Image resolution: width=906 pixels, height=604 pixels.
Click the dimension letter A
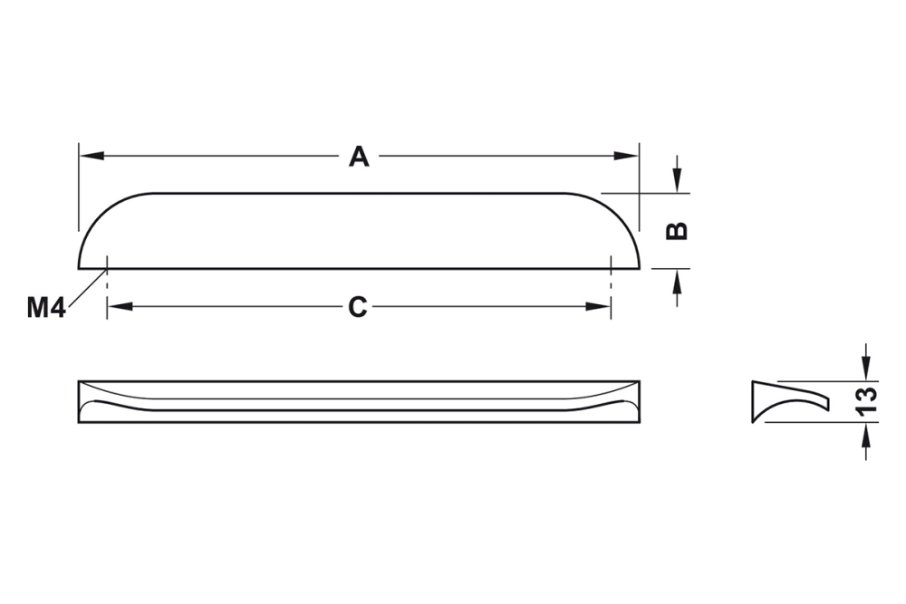pyautogui.click(x=360, y=158)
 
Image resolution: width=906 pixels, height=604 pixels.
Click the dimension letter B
pyautogui.click(x=677, y=230)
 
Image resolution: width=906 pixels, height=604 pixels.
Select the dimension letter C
pyautogui.click(x=359, y=308)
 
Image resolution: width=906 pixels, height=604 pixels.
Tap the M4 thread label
pyautogui.click(x=45, y=309)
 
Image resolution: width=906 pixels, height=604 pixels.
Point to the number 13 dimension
pyautogui.click(x=867, y=399)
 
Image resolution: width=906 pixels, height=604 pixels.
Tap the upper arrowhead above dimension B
pyautogui.click(x=677, y=182)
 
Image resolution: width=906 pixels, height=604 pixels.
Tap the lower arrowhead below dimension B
pyautogui.click(x=677, y=280)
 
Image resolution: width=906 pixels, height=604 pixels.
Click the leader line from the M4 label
pyautogui.click(x=87, y=288)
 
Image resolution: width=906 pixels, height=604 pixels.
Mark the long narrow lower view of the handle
pyautogui.click(x=359, y=403)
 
